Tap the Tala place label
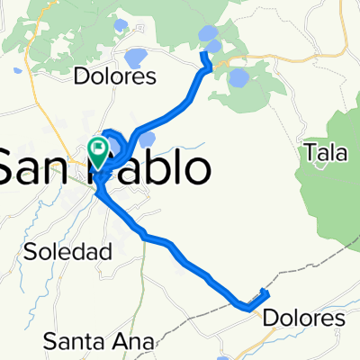(326, 154)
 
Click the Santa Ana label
(99, 340)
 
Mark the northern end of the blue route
(202, 54)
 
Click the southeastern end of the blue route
(266, 291)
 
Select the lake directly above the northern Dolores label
(135, 58)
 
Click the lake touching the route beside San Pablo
(146, 139)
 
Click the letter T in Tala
(310, 154)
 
